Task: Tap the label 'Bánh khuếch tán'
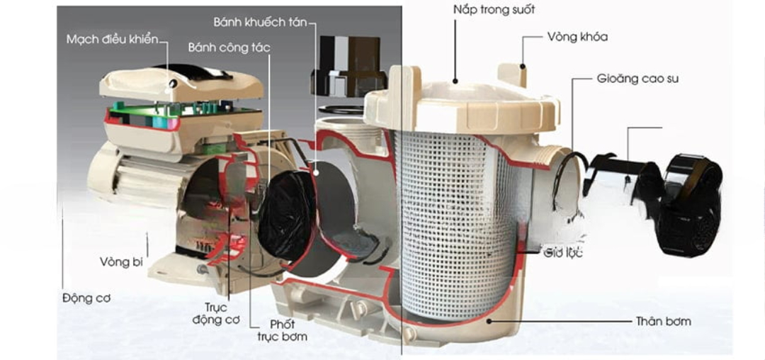[x=260, y=22]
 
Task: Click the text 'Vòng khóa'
[x=577, y=37]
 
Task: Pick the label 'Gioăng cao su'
[x=637, y=79]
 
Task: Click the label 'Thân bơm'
[x=663, y=321]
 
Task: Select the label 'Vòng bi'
[x=122, y=262]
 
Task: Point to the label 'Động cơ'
[x=86, y=298]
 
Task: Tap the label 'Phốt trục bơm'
[x=282, y=330]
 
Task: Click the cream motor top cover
[x=181, y=82]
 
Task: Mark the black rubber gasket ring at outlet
[x=569, y=181]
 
